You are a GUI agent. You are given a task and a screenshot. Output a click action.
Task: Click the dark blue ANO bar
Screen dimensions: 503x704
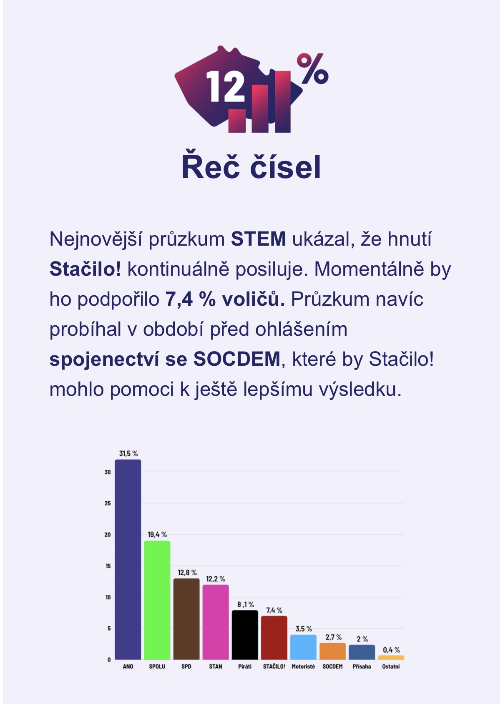128,559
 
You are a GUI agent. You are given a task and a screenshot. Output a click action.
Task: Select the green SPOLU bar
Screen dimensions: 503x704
157,600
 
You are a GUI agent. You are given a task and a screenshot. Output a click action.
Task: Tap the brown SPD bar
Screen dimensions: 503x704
186,619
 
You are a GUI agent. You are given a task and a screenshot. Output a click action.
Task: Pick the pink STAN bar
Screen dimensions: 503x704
216,622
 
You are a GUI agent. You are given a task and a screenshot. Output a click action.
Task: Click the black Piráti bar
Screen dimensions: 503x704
245,635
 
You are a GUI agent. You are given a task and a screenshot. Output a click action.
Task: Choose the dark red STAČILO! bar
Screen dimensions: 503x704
274,638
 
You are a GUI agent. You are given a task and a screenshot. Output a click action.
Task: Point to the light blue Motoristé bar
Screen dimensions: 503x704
303,647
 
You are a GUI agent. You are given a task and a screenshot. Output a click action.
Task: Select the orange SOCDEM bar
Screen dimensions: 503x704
332,651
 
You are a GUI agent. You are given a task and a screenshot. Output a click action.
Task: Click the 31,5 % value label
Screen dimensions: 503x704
128,453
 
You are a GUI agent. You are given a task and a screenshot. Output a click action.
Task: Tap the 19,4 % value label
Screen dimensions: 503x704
157,534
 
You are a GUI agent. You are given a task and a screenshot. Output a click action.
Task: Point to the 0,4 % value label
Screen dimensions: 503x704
391,650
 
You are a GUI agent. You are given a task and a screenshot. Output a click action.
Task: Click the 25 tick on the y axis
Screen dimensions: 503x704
108,503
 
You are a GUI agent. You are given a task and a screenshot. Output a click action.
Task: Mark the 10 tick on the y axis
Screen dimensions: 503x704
108,597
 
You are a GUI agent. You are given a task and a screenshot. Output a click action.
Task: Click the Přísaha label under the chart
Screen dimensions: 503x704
362,666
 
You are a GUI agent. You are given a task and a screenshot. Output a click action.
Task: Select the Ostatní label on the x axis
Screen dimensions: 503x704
391,666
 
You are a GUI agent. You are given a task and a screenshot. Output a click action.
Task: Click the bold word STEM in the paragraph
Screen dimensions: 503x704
259,239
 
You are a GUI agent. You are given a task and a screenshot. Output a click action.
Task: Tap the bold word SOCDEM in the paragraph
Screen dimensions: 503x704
237,359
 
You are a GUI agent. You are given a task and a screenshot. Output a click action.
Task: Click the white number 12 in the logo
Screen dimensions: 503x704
225,86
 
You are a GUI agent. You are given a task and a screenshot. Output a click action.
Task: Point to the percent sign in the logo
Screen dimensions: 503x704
312,68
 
